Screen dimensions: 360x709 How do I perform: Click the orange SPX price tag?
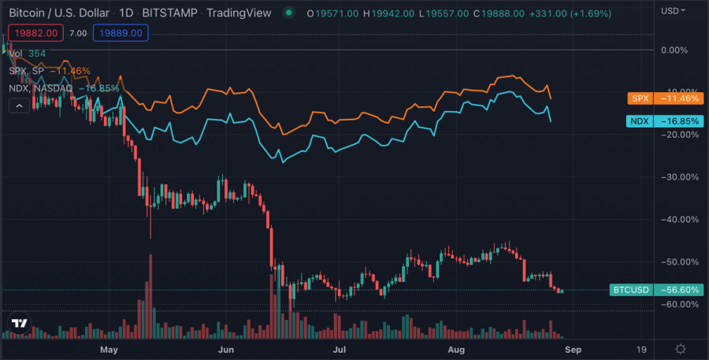click(639, 98)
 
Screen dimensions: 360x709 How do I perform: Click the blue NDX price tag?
click(639, 121)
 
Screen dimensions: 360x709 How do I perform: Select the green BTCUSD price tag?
click(631, 290)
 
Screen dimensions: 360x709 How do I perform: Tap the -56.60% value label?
click(679, 290)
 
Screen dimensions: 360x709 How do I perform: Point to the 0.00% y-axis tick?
click(674, 50)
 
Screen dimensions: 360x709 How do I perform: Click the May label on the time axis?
click(109, 348)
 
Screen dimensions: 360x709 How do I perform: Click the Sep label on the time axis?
click(573, 348)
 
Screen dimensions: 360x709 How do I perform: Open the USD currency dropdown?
click(673, 11)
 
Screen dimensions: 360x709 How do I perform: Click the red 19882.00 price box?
click(34, 32)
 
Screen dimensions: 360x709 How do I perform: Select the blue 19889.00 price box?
click(121, 32)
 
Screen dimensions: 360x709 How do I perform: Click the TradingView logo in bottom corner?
click(20, 323)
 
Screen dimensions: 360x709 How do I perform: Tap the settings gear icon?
click(681, 348)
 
